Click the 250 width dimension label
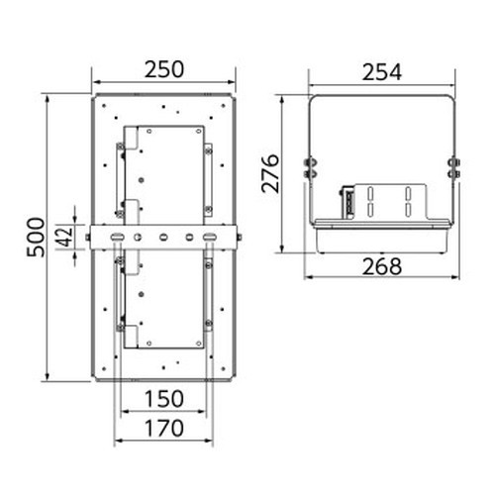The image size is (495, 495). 164,69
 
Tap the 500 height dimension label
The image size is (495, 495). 36,237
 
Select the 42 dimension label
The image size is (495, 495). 65,236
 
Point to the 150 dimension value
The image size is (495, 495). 164,399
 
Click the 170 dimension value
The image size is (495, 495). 164,428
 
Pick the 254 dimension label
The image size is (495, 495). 382,72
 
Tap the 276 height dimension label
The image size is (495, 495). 270,173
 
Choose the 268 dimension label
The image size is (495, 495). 382,266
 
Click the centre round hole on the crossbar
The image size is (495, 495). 163,238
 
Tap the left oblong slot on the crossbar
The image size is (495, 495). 116,237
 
